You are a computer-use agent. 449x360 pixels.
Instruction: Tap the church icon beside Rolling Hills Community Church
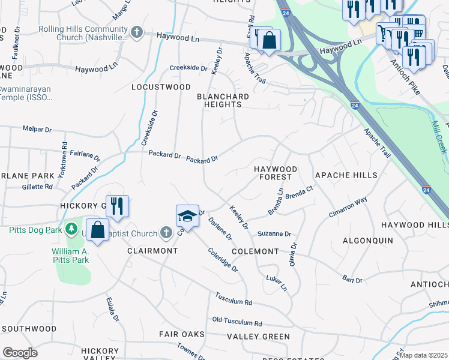click(137, 32)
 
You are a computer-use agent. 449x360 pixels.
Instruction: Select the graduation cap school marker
click(187, 215)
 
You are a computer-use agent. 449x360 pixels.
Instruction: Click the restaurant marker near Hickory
click(117, 206)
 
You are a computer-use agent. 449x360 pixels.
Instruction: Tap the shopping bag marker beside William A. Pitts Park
click(97, 230)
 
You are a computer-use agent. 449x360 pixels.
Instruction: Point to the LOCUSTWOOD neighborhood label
click(161, 87)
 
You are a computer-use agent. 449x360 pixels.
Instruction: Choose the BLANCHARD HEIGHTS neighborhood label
click(219, 100)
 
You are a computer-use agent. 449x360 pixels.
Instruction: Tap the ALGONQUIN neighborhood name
click(367, 240)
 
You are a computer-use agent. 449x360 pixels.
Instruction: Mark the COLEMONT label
click(255, 251)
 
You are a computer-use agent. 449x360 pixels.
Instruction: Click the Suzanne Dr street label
click(274, 233)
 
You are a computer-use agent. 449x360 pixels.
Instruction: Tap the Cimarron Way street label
click(348, 206)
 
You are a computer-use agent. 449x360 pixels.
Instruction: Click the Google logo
click(20, 352)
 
